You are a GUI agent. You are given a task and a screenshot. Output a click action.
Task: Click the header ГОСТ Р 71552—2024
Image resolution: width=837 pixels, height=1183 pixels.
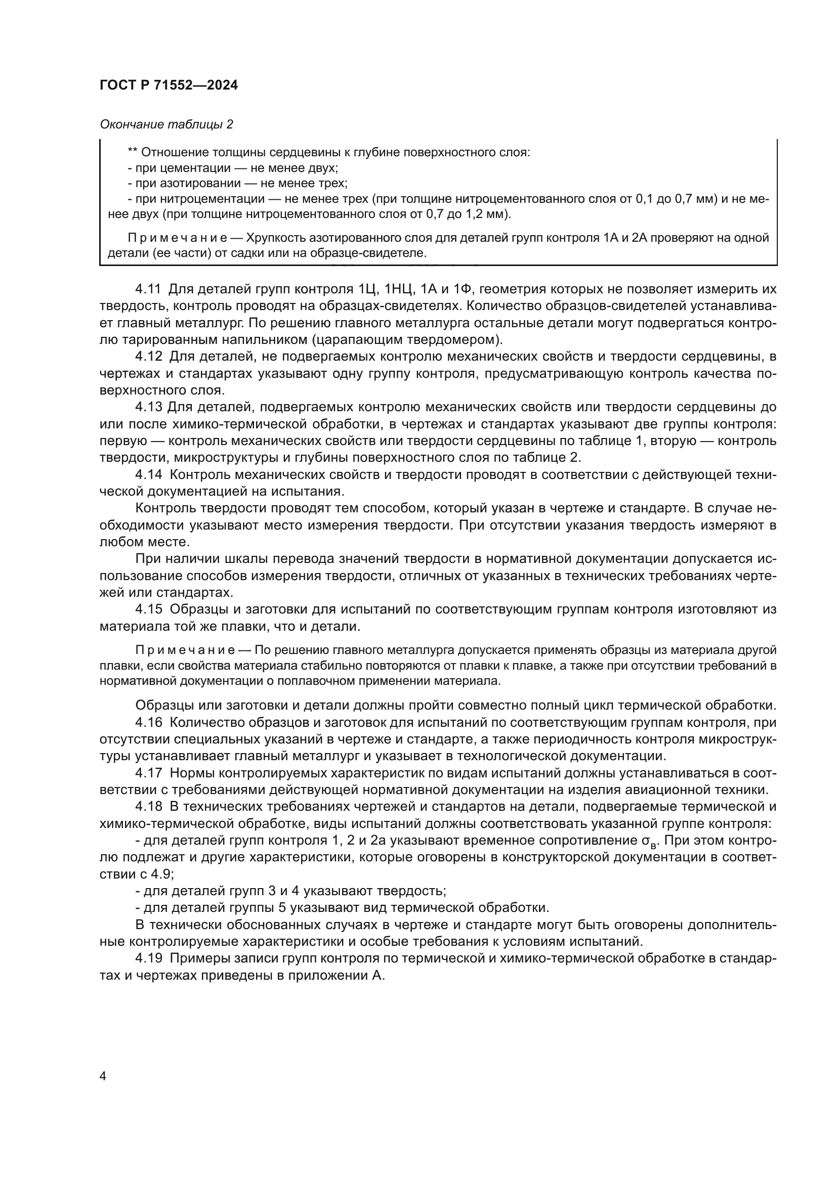pyautogui.click(x=169, y=85)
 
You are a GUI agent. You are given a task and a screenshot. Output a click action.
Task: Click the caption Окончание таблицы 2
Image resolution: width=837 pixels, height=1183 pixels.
pyautogui.click(x=166, y=124)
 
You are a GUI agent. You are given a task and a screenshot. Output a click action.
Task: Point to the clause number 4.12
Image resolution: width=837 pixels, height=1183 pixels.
pyautogui.click(x=148, y=356)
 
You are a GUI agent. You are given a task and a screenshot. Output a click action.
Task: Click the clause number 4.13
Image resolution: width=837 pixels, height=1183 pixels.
pyautogui.click(x=148, y=407)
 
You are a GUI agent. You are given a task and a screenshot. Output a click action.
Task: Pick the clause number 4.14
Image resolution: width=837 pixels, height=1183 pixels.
pyautogui.click(x=148, y=474)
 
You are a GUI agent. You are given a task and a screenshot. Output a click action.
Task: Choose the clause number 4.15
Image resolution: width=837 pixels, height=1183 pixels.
pyautogui.click(x=148, y=609)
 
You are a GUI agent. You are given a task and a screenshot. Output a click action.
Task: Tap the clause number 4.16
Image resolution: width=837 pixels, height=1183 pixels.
pyautogui.click(x=148, y=722)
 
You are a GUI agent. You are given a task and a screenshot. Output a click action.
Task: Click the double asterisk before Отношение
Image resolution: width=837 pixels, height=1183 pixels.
pyautogui.click(x=133, y=153)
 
